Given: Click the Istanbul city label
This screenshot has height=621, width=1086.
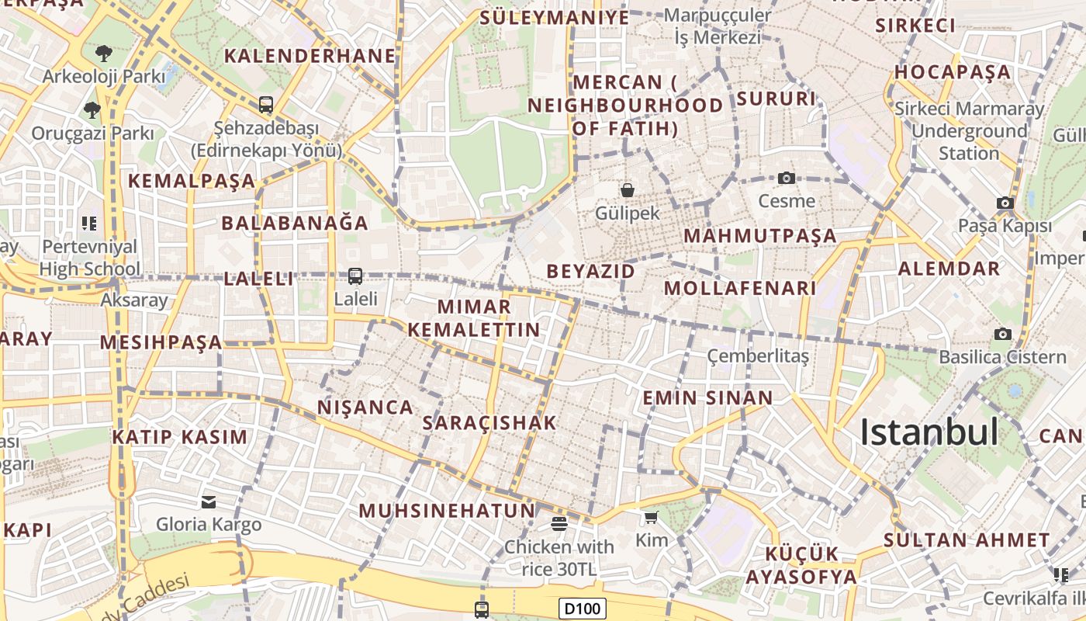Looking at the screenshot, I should coord(929,432).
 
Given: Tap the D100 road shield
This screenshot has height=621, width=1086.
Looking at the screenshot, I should coord(582,609).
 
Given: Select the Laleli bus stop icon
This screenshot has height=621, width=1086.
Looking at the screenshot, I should coord(355,276).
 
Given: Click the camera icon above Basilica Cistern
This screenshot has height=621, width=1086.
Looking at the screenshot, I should coord(1003,334).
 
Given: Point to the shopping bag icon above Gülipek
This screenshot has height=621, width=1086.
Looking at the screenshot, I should coord(627,189).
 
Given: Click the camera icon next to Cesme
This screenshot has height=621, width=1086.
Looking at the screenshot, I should coord(787,178).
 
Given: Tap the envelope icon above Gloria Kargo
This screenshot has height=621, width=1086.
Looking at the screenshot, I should coord(209,501).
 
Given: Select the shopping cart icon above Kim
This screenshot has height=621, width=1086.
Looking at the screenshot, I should coord(651,517).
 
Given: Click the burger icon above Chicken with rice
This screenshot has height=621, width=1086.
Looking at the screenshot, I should coord(559,523).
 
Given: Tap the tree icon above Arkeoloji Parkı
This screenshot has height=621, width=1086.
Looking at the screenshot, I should coord(103,54).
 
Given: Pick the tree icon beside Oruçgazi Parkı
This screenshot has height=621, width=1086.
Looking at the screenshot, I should coord(92,109).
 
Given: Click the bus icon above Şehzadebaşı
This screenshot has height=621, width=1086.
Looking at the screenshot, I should coord(266,104).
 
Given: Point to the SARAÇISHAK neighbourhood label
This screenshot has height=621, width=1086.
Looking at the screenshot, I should coord(489,423).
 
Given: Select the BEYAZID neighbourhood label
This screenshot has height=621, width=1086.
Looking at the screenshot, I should coord(591,271).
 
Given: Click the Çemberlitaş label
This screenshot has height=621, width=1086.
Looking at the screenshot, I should coord(758,356).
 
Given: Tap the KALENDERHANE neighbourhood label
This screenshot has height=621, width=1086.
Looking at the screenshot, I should coord(310,56).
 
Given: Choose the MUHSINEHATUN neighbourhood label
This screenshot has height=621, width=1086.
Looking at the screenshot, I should coord(448,511).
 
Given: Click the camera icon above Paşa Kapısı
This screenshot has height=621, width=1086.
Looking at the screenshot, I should coord(1005,203).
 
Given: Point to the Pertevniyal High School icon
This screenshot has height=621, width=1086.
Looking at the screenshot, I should coord(89,224).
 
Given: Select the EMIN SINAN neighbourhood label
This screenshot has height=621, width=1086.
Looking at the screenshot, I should coord(707,398).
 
